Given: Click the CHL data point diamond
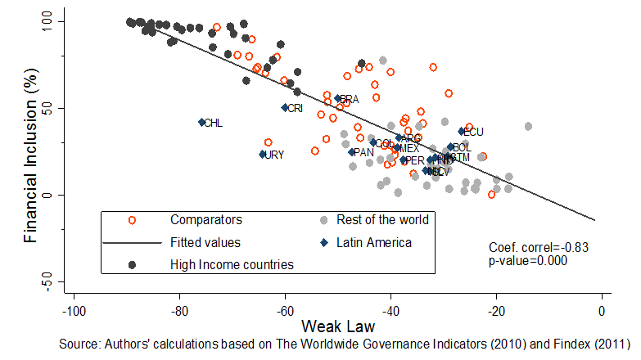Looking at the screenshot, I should pos(201,123).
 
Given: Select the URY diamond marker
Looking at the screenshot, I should pos(263,154).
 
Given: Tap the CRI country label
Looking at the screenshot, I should pos(295,108).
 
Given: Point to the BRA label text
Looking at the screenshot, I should pos(350,99).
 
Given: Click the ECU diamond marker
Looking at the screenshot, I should pos(462,131).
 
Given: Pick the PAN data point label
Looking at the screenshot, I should pos(363,152).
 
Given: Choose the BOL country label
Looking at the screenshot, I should pos(461,148).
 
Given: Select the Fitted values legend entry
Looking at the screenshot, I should pos(205,242).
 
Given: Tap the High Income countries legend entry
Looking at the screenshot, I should pos(232,264).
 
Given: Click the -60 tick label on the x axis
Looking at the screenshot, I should pos(285,311).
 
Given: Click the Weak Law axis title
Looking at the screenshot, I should pos(337,327).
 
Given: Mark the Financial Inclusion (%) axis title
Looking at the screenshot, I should pos(29,151).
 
